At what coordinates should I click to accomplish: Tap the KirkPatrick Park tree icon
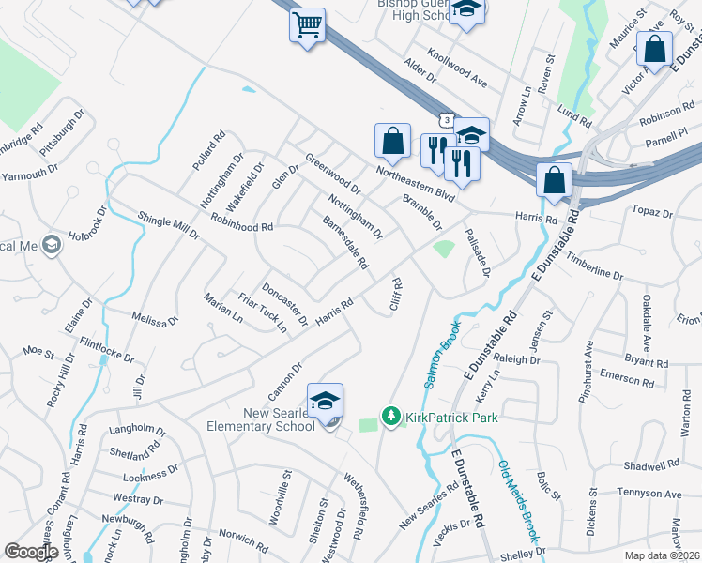391,415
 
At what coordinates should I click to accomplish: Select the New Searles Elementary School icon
326,401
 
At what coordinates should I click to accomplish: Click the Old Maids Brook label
519,502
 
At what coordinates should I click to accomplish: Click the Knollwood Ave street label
457,68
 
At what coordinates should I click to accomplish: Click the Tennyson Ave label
654,493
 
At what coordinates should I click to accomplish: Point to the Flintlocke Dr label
108,351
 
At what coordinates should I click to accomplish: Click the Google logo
31,552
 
